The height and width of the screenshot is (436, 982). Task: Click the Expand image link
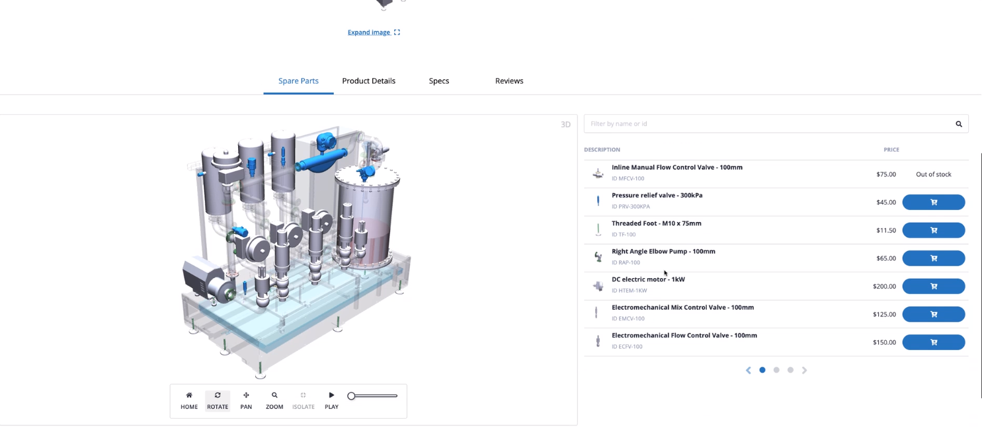coord(374,32)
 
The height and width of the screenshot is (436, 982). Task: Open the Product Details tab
coord(369,81)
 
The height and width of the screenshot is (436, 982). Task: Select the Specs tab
coord(439,81)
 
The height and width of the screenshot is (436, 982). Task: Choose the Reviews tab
coord(509,81)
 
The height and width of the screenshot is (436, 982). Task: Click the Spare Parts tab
coord(298,81)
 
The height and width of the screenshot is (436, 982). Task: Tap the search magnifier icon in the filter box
coord(959,124)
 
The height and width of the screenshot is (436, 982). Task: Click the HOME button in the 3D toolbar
coord(189,401)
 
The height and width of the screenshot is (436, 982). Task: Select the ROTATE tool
coord(218,401)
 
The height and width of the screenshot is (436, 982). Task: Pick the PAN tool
coord(246,401)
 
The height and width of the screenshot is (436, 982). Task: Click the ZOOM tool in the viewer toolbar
coord(274,401)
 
